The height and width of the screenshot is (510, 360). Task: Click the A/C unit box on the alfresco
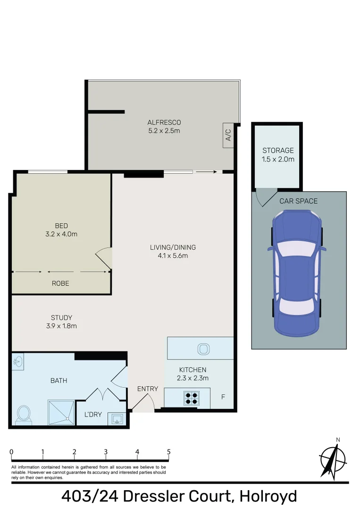pos(228,136)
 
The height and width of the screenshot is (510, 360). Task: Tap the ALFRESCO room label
pos(164,123)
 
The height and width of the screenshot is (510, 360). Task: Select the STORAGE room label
pos(278,151)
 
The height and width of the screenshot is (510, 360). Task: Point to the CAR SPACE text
pos(299,201)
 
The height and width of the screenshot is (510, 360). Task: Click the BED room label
pos(61,226)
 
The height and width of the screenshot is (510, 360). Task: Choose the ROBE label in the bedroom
pos(61,283)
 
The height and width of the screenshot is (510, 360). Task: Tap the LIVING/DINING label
pos(173,247)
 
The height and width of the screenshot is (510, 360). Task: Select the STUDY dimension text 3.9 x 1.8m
pos(61,326)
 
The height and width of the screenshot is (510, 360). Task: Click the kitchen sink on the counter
pos(203,349)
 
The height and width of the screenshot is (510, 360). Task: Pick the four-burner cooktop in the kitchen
pos(192,399)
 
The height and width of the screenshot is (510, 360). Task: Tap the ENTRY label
pos(148,389)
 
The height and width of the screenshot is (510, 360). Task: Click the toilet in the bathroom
pos(23,415)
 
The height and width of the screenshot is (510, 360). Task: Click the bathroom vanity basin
pos(18,362)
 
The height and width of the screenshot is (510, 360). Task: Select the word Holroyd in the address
pos(268,497)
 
